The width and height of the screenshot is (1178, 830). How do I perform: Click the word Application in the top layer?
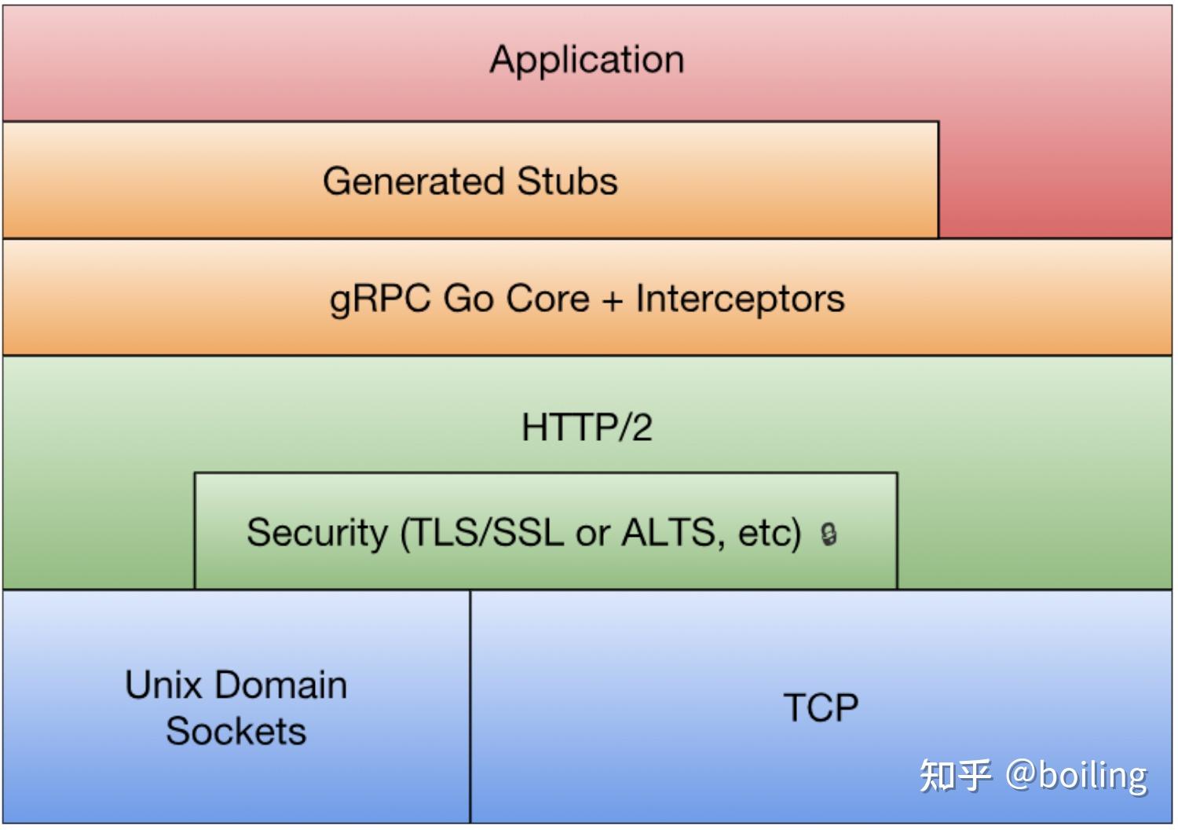[587, 60]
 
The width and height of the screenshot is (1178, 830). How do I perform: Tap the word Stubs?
[567, 181]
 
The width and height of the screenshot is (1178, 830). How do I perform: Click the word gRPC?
[380, 299]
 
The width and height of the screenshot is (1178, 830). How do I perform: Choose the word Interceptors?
[740, 299]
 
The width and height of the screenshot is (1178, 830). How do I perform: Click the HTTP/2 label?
[587, 428]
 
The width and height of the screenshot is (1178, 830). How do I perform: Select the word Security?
[317, 532]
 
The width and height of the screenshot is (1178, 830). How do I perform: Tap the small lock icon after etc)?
[829, 534]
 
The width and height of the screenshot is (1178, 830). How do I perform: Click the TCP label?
[821, 707]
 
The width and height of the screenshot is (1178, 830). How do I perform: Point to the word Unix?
[163, 685]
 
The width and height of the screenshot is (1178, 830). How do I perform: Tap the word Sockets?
[236, 731]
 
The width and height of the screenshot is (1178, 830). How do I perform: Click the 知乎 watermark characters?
[955, 775]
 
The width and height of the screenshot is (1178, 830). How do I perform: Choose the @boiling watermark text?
[1076, 775]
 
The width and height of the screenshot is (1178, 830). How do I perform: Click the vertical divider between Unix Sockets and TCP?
[470, 707]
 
